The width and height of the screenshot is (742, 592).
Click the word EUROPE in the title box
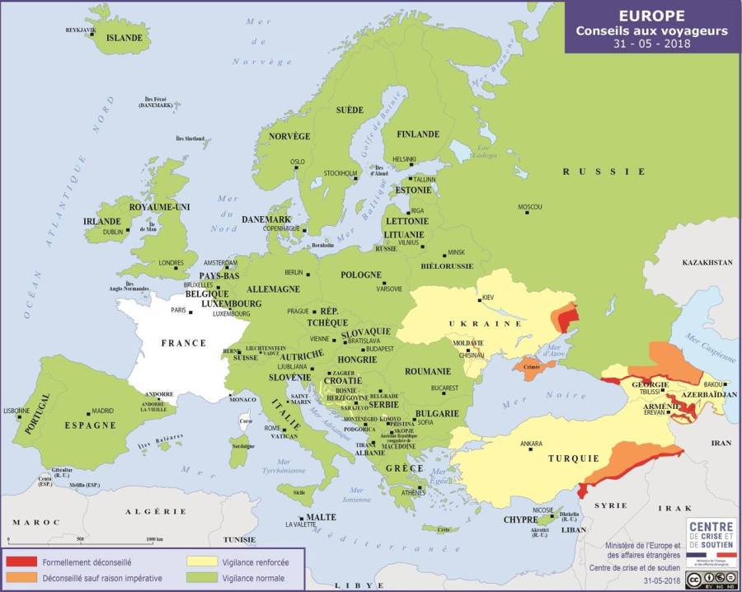(x=651, y=16)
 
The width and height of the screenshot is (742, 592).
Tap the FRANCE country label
(x=183, y=343)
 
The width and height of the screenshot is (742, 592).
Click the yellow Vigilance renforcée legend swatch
(x=195, y=562)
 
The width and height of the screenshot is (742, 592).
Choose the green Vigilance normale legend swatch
(x=195, y=578)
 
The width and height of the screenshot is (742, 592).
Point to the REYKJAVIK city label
(x=81, y=30)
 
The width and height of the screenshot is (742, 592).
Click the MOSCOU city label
(x=529, y=206)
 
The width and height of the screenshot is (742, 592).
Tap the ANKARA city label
(x=531, y=444)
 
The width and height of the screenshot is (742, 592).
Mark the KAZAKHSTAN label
(x=707, y=262)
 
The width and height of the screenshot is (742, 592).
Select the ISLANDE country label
(x=124, y=38)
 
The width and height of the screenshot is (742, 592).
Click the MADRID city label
(x=102, y=411)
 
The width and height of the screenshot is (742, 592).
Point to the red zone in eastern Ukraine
(x=565, y=316)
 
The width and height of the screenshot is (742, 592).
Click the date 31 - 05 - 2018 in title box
(x=651, y=44)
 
